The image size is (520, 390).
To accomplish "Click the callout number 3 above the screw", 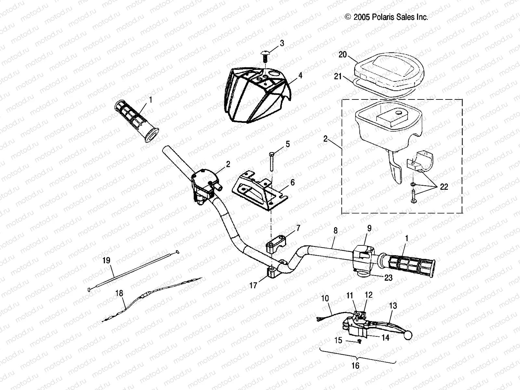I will (x=282, y=43).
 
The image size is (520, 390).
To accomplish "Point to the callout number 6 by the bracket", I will (x=292, y=183).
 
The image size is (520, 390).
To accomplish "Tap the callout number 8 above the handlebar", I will (x=335, y=231).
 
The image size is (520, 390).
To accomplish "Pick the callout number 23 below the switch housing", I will (x=388, y=278).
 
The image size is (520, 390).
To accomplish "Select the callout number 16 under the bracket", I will (x=356, y=366).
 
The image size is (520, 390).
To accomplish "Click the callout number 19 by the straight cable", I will (x=106, y=261).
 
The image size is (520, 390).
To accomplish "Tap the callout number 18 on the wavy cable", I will (x=119, y=293).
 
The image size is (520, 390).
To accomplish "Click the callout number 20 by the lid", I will (x=343, y=55).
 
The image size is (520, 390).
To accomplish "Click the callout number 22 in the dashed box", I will (x=444, y=187).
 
